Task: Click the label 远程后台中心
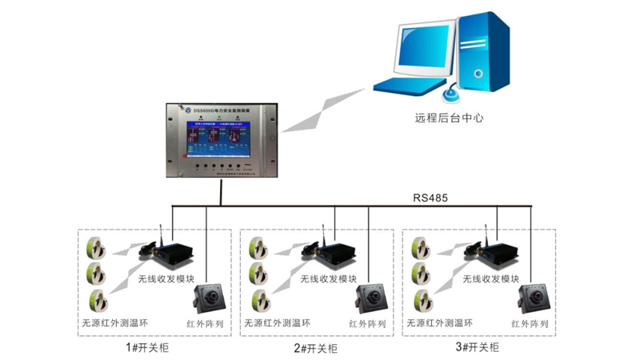450,118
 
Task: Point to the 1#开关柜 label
148,348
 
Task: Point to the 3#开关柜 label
477,348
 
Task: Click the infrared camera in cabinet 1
209,299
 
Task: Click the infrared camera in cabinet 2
372,299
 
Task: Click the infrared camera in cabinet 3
534,299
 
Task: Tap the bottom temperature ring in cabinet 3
421,300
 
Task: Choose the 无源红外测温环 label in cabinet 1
114,324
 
